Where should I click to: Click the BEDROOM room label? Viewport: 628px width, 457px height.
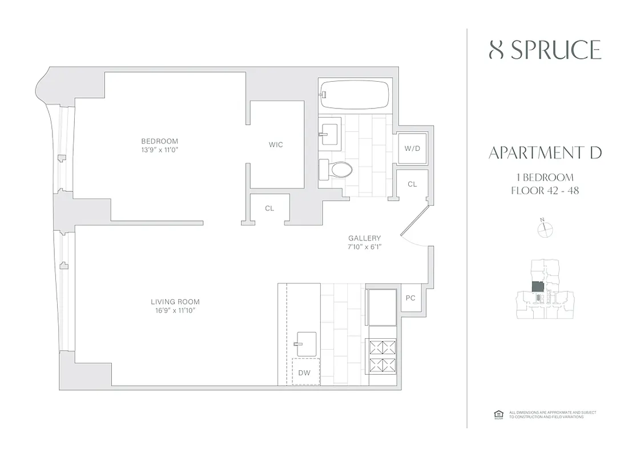[160, 141]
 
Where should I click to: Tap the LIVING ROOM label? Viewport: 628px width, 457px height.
[175, 302]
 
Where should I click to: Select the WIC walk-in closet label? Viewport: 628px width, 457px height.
[276, 145]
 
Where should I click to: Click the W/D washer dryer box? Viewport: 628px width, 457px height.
[412, 148]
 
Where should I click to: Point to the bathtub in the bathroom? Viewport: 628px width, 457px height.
[355, 94]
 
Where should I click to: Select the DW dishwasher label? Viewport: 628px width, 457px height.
[304, 373]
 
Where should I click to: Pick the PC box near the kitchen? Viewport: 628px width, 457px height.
[410, 298]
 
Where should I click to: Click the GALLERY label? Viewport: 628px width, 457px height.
[365, 238]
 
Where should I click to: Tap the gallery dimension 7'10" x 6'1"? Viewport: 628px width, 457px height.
[365, 247]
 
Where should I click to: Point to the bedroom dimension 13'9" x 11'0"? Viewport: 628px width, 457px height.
[160, 150]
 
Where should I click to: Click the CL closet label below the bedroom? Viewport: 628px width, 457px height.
[269, 209]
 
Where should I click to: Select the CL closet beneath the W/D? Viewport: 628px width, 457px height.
[412, 184]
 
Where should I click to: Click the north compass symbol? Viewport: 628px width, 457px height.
[546, 228]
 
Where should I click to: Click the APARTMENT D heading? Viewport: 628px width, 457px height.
[545, 153]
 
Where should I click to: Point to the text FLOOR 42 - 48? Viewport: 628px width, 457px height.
[545, 191]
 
